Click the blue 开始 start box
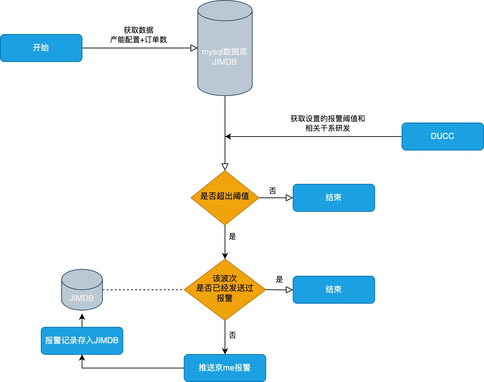click(x=41, y=48)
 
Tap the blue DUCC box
click(x=442, y=137)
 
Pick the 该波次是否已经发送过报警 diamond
click(x=225, y=289)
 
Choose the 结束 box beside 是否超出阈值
click(x=334, y=198)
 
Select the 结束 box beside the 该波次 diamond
click(x=334, y=290)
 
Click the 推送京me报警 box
click(x=225, y=368)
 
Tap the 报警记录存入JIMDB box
click(x=82, y=341)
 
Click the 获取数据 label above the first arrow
click(x=139, y=30)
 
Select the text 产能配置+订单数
click(x=139, y=40)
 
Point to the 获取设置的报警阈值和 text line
click(x=327, y=119)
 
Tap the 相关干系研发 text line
click(x=327, y=128)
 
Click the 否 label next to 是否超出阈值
click(x=273, y=191)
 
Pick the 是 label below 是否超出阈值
click(x=232, y=237)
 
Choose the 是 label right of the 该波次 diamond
click(x=279, y=280)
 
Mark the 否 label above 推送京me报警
click(x=232, y=335)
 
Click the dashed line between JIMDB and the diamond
click(x=143, y=290)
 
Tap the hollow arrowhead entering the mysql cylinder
click(x=194, y=48)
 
